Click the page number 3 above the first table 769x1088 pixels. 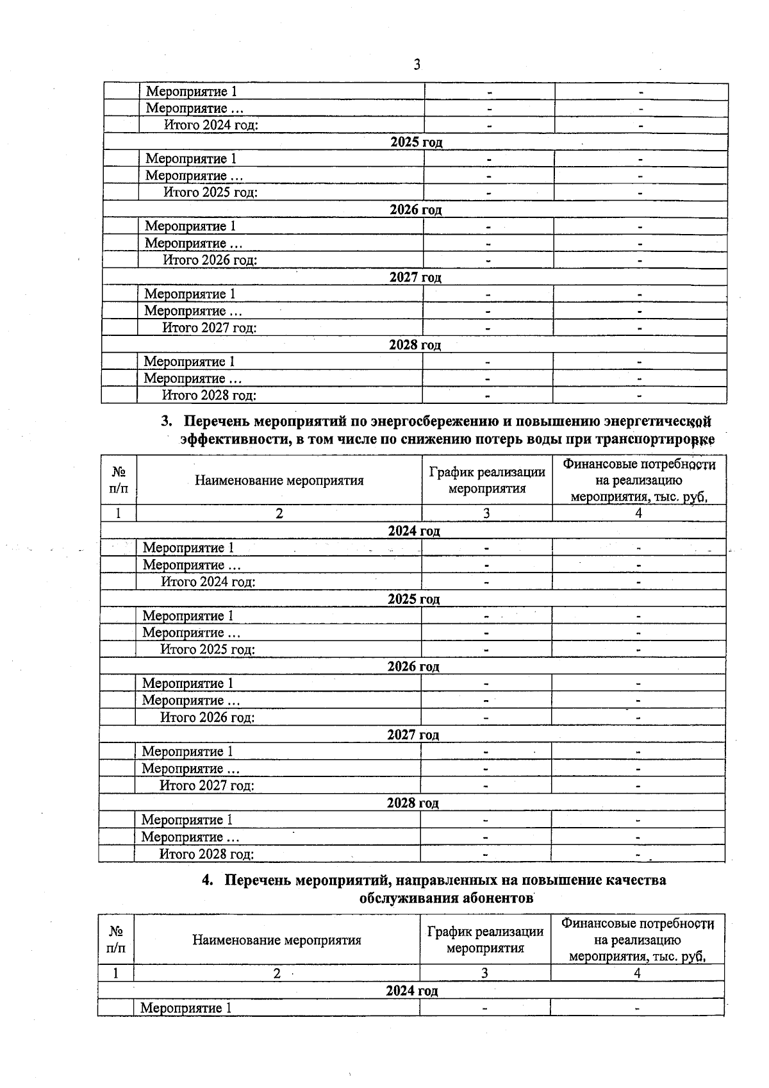click(x=417, y=65)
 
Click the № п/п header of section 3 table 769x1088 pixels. click(x=119, y=480)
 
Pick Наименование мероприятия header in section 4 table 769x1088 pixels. click(x=276, y=940)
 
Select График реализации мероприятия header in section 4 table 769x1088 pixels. click(x=485, y=940)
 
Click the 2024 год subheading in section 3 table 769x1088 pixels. click(x=414, y=531)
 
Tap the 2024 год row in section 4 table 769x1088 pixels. click(x=411, y=991)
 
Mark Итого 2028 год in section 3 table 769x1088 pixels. click(x=206, y=854)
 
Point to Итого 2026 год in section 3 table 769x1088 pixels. click(x=207, y=717)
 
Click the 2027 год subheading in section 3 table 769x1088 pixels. click(x=413, y=735)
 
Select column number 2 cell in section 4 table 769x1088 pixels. click(x=277, y=973)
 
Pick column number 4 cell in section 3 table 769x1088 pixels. click(x=638, y=514)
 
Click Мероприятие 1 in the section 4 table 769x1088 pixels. click(x=186, y=1008)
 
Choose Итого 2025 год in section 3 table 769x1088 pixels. click(x=208, y=649)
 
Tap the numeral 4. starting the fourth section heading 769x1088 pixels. click(x=208, y=880)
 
